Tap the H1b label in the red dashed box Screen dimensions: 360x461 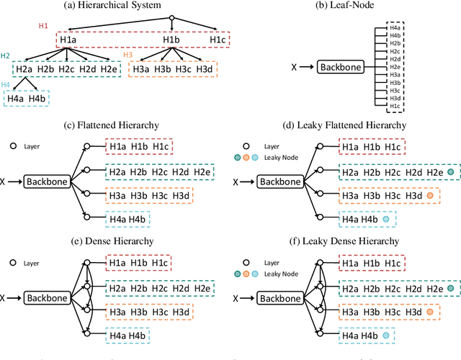pos(171,40)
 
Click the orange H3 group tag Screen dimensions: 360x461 pos(128,55)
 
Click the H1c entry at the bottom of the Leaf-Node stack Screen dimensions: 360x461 pos(395,106)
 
